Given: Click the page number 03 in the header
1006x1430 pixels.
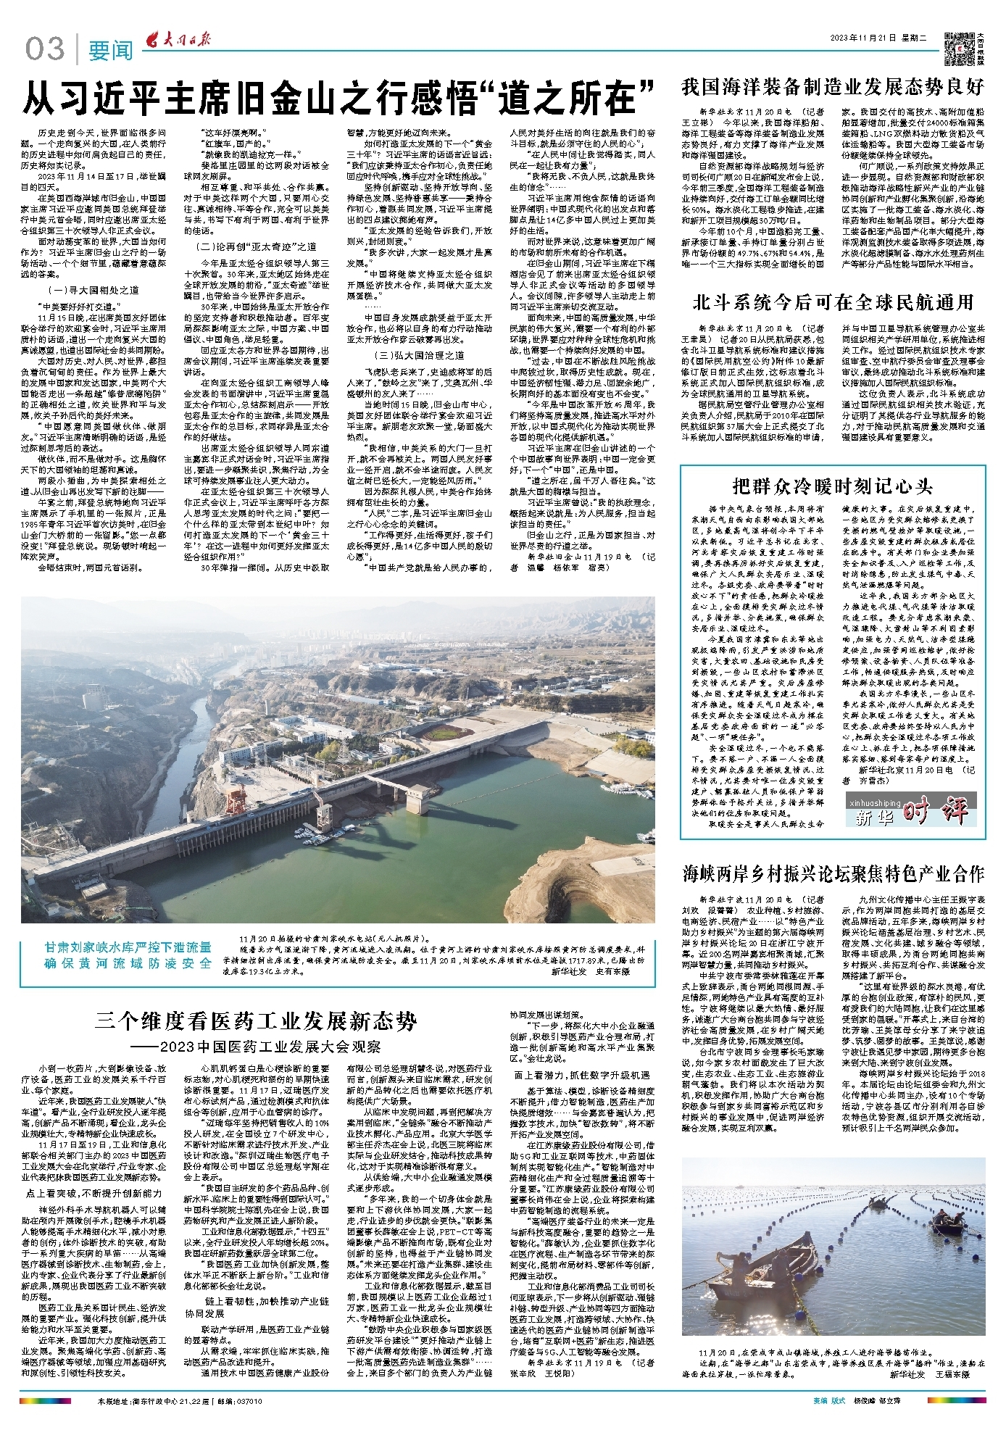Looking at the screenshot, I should tap(45, 49).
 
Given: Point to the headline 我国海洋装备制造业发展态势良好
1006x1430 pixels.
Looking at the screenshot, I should tap(833, 87).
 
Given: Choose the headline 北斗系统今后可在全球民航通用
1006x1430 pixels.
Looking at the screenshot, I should tap(833, 302).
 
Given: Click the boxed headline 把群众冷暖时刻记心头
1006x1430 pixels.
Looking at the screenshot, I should tap(832, 486).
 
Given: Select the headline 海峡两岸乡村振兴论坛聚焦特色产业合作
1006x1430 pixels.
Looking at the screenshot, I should tap(833, 873).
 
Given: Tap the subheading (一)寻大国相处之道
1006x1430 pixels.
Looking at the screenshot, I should tap(88, 289).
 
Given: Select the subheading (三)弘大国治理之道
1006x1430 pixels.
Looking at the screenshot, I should tap(419, 355).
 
